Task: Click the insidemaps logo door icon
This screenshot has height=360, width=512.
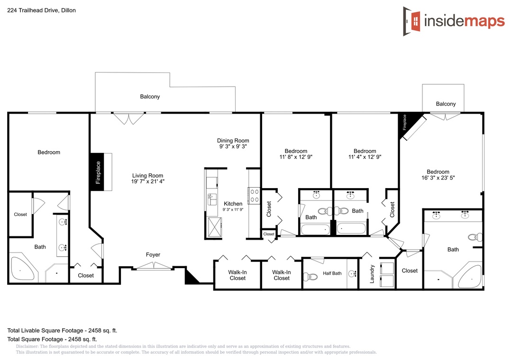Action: tap(412, 21)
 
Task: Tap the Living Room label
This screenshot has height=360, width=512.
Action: tap(147, 176)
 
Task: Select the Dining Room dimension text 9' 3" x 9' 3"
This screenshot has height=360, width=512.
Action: tap(233, 146)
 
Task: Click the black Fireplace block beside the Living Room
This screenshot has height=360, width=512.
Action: tap(97, 172)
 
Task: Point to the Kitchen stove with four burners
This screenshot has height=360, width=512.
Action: tap(255, 196)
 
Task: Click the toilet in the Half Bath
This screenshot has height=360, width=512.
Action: tap(310, 277)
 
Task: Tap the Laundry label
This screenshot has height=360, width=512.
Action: tap(372, 274)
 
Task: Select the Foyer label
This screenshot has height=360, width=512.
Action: tap(153, 254)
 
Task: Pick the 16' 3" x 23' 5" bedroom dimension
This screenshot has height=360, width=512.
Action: tap(438, 178)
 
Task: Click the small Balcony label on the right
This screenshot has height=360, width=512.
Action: tap(446, 104)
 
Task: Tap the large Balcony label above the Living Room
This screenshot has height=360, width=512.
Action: tap(150, 97)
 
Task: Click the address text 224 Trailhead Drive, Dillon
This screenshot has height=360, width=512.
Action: tap(41, 10)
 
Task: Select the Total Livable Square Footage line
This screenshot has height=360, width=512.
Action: tap(62, 330)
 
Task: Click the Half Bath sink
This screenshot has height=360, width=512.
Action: tap(352, 274)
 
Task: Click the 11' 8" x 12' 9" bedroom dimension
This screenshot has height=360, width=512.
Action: tap(296, 157)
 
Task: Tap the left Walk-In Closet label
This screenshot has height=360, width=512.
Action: tap(238, 275)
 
